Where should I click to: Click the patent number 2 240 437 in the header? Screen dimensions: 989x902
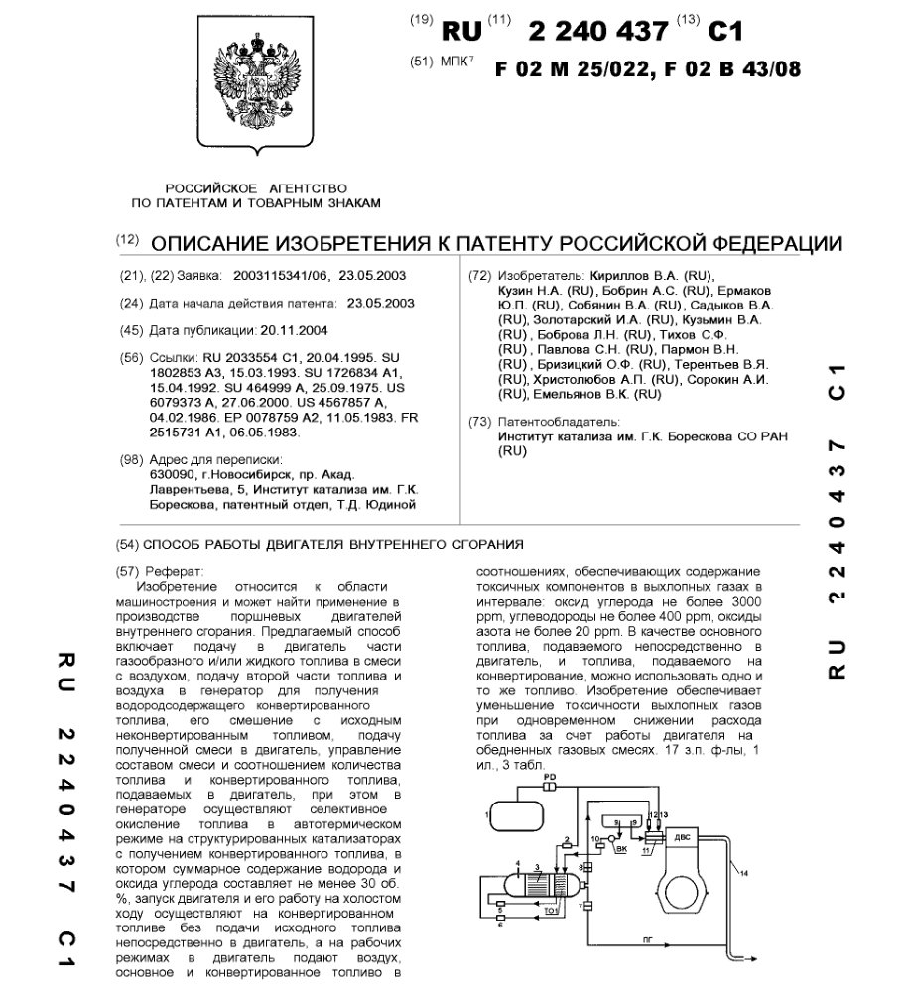[598, 31]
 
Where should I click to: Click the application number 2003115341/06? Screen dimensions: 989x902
[279, 275]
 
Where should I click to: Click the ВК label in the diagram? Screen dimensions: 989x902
[622, 849]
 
